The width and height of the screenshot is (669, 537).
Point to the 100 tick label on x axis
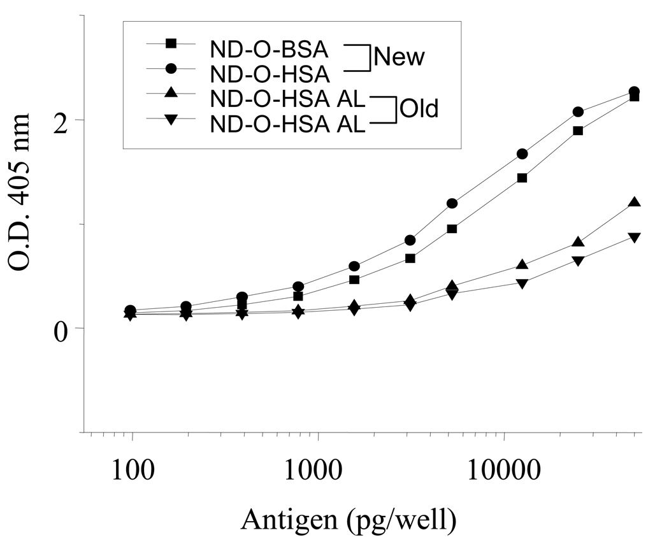[x=132, y=472]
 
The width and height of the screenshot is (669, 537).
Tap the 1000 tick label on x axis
[x=318, y=472]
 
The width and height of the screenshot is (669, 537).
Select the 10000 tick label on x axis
[x=503, y=472]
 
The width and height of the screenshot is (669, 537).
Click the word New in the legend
[x=399, y=58]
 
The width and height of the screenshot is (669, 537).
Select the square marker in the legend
[x=171, y=43]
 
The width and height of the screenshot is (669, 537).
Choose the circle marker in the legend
[x=171, y=68]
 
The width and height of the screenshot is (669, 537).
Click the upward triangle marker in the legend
[x=171, y=93]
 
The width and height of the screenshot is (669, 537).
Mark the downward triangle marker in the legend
[x=171, y=118]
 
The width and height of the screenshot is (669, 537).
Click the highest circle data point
[x=634, y=92]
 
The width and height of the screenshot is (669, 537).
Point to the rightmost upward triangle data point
[x=634, y=203]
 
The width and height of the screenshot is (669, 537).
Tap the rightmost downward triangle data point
[x=634, y=238]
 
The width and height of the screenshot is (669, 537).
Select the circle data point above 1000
[x=298, y=287]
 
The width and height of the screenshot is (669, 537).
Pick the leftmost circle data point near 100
[x=131, y=310]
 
